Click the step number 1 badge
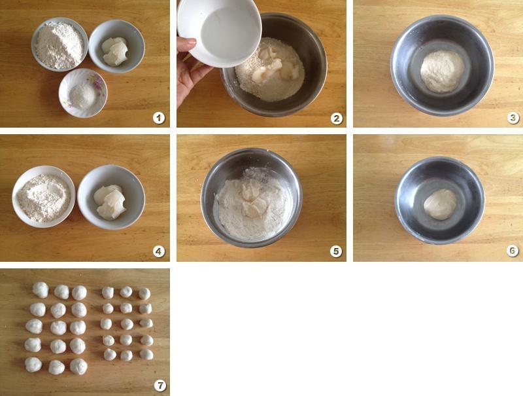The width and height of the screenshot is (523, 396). pos(159,118)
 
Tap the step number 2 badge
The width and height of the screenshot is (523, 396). pos(336,118)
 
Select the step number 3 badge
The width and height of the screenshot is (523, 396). pos(513,118)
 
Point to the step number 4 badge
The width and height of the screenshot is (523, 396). pos(159,251)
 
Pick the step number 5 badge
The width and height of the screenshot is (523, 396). pos(336,251)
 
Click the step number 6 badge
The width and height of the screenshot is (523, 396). pos(513,251)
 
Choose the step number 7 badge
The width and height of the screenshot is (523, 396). pos(160,386)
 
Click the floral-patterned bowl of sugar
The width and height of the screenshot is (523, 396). pos(83,93)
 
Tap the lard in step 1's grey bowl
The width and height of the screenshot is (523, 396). pos(115,51)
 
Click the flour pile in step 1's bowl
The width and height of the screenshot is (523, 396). pos(59,45)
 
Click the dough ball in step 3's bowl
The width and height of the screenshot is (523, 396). pos(443,71)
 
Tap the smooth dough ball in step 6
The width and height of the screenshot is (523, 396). pos(440,204)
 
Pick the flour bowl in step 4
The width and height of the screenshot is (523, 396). pos(44,196)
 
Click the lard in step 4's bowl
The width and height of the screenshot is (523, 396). pos(110,202)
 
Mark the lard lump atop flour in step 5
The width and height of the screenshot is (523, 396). pos(253,200)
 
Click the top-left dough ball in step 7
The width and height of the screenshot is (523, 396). pos(41,289)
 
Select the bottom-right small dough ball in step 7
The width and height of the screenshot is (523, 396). pos(146,354)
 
